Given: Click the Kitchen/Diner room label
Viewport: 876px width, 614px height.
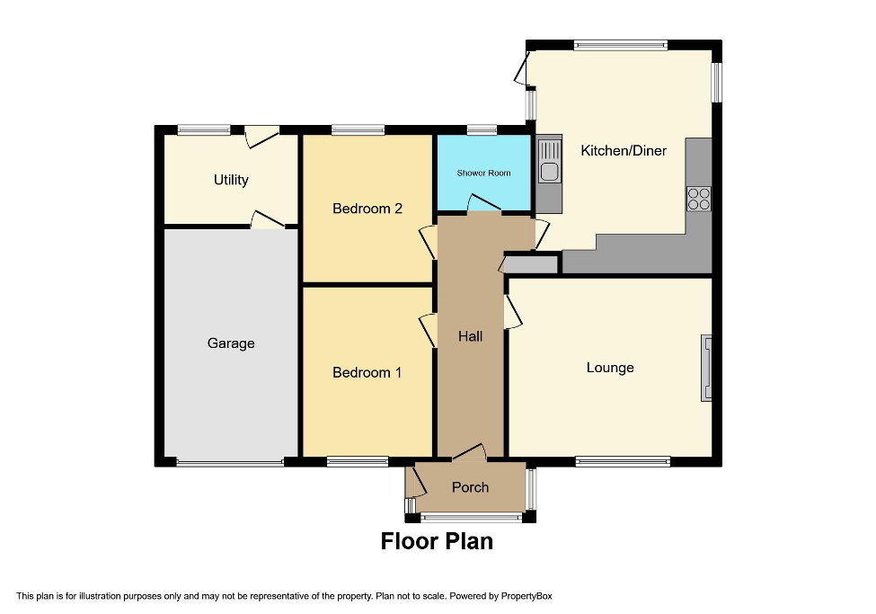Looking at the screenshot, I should pos(624,150).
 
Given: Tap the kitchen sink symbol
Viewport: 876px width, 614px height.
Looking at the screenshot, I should pos(549,171).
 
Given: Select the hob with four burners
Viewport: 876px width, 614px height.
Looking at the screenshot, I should pos(698,198).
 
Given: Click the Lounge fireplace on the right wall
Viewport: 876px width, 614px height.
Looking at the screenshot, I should pos(707,368).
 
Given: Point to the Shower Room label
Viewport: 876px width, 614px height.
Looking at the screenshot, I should pos(483,173).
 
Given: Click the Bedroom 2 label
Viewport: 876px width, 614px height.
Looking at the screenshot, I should pos(367,209).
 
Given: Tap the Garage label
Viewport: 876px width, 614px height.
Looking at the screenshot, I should pos(231,343).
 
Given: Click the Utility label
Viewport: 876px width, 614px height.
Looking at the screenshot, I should pos(231,180).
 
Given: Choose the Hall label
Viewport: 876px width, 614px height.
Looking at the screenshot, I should pos(470,336).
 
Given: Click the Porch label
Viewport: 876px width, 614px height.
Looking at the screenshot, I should pos(470,487).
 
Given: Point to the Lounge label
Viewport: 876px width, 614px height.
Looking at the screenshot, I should pos(610,368).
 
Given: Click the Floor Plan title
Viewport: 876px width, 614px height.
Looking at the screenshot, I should pos(437,541).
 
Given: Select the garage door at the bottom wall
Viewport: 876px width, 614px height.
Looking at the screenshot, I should pos(230,463).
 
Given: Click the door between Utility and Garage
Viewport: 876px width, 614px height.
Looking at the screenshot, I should pos(267,221).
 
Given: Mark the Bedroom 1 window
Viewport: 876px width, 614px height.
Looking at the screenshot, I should pos(357,462).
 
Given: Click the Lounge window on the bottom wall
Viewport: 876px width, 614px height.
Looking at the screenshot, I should pos(623,462).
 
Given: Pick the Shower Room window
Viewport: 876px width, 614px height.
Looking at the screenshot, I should pos(482,131).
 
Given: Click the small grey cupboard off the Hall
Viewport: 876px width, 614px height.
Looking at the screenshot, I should pos(530,264).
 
